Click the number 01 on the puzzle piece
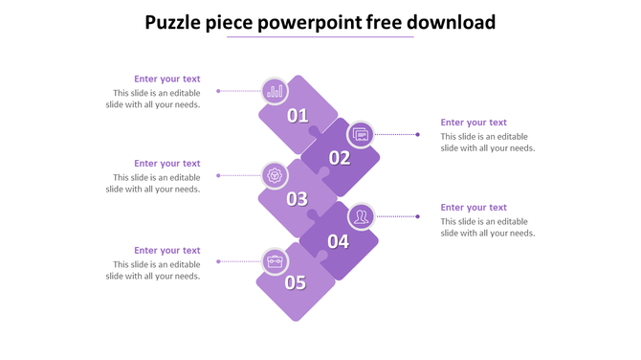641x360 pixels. (298, 116)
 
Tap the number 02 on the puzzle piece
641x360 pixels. (340, 158)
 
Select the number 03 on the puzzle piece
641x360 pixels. (297, 199)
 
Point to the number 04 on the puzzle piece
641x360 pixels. (339, 241)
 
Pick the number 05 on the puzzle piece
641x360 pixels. (295, 282)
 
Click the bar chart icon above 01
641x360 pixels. (276, 91)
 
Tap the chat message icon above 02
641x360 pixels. (361, 134)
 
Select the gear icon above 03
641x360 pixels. (276, 175)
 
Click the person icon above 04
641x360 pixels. (361, 216)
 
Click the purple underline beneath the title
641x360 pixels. (320, 37)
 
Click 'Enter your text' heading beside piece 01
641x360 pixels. (167, 79)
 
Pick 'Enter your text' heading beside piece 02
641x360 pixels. (474, 123)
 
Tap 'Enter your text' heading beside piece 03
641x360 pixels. (167, 164)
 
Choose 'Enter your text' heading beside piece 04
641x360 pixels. (474, 208)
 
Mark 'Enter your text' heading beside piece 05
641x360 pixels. (167, 251)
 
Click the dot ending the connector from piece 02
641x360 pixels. (418, 135)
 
